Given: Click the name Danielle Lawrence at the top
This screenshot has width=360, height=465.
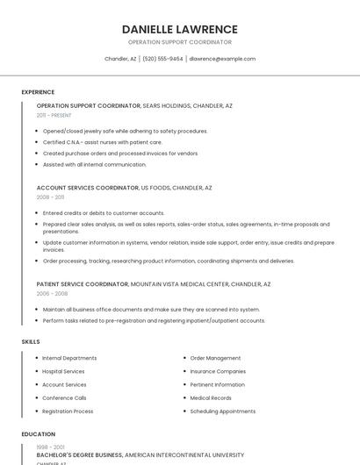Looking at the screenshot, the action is tap(180, 29).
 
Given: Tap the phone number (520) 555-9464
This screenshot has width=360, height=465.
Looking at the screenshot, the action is tap(162, 59).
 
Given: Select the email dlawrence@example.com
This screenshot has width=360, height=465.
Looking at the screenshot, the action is tap(222, 59).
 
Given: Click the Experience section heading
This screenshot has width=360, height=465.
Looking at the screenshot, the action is tap(38, 92).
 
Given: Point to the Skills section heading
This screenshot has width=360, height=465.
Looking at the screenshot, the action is tap(31, 341).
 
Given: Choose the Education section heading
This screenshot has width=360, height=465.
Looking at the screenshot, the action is tap(38, 434).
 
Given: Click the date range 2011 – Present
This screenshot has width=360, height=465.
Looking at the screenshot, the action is tap(54, 115).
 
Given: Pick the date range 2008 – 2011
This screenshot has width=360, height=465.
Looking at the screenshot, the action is tap(50, 197).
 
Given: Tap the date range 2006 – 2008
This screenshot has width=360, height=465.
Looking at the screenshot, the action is tap(50, 294).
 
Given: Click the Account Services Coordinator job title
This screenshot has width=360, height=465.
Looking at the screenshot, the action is tap(88, 188).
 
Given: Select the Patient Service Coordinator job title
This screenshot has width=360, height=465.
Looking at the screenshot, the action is tap(83, 284).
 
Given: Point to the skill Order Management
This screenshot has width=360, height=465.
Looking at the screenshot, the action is tap(215, 358).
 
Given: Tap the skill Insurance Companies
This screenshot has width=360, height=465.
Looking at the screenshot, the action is tap(218, 371).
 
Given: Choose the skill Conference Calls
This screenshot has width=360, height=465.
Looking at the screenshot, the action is tap(64, 397).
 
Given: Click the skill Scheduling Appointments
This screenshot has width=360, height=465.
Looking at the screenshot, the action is tap(222, 411).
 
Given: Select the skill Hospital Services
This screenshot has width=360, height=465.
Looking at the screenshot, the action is tap(63, 371).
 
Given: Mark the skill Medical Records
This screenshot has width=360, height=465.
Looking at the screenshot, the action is tap(211, 397).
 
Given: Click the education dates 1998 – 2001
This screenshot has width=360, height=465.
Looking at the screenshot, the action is tap(50, 447).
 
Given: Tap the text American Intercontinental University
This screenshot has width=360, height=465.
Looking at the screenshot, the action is tap(184, 455).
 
